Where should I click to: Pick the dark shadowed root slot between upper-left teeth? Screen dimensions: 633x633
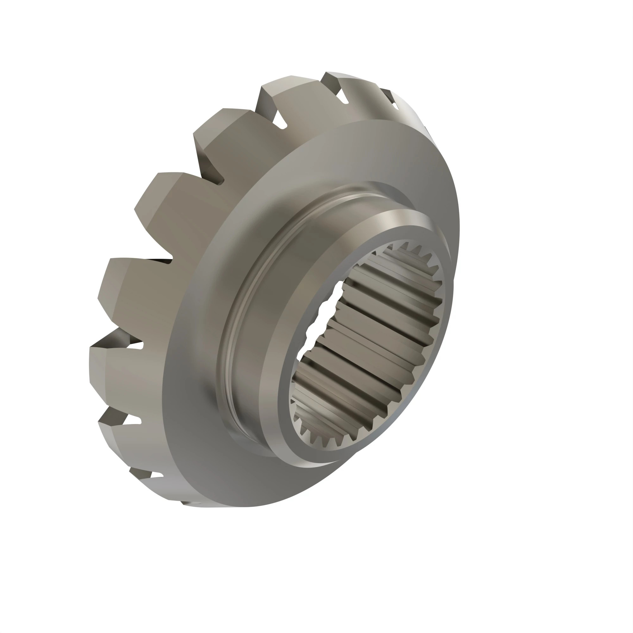click(x=210, y=170)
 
